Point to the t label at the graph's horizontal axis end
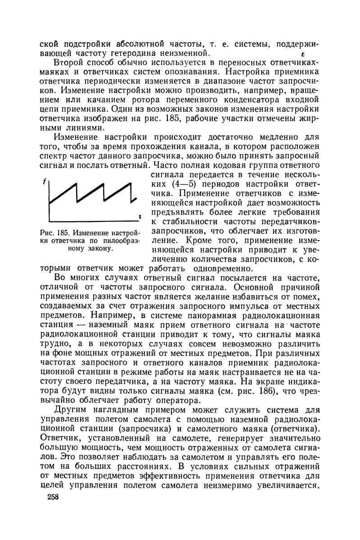140,217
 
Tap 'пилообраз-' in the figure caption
121,241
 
